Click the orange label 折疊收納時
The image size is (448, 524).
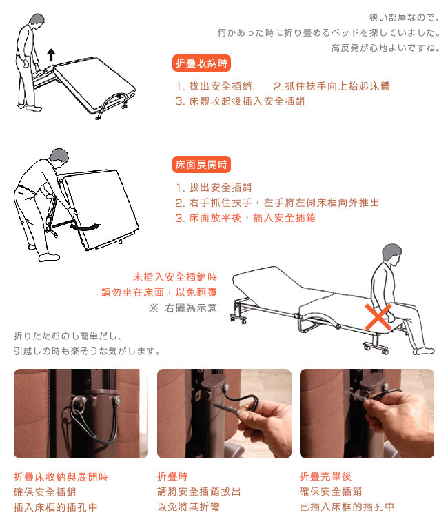click(201, 63)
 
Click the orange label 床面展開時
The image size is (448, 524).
click(201, 164)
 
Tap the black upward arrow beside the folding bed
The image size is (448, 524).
click(51, 54)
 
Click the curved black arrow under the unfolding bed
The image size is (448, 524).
click(85, 227)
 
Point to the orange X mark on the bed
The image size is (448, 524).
click(378, 317)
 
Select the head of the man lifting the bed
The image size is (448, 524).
click(37, 22)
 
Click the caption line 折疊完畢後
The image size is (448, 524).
click(325, 476)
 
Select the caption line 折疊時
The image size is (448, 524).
click(172, 476)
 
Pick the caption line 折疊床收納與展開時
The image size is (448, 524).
click(61, 477)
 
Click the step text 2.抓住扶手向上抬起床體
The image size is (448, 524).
click(332, 86)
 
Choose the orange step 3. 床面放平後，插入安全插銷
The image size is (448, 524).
click(245, 218)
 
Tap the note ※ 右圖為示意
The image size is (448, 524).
click(183, 308)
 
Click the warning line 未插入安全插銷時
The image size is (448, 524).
click(175, 277)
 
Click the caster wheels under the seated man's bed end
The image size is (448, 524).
click(376, 347)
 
